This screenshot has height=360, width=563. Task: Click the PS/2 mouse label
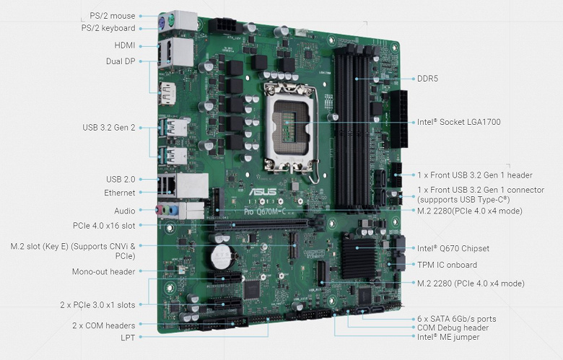(113, 16)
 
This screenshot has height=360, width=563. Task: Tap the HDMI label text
(125, 45)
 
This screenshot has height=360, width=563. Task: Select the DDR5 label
(427, 79)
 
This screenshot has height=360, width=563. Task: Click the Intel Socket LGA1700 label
(458, 122)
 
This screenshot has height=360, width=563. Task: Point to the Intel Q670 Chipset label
(453, 248)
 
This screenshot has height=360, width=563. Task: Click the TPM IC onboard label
(447, 265)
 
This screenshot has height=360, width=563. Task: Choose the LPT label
(128, 338)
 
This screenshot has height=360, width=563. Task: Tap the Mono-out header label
(103, 272)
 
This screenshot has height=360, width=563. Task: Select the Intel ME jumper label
(448, 337)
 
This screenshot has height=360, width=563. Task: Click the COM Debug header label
(453, 328)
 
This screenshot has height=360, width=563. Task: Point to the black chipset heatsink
(358, 257)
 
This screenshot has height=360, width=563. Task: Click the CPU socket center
(289, 123)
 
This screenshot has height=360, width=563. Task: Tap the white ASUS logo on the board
(263, 191)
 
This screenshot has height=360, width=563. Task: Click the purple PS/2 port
(162, 23)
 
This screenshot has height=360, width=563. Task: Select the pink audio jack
(158, 211)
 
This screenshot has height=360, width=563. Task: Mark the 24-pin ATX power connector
(399, 119)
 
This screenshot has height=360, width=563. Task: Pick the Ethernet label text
(120, 193)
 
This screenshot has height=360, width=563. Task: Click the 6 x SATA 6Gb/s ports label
(457, 319)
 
